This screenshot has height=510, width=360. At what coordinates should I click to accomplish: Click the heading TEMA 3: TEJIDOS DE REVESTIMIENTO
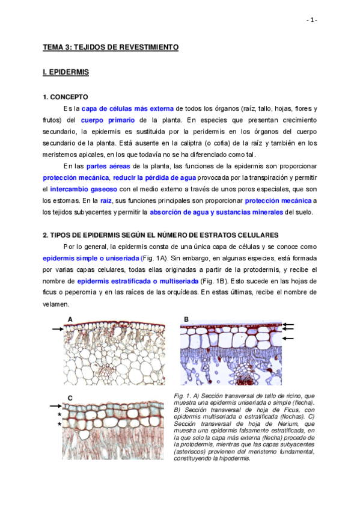pyautogui.click(x=111, y=46)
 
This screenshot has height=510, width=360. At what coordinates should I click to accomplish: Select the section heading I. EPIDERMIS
pyautogui.click(x=66, y=72)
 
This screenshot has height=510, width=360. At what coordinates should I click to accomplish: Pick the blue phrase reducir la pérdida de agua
pyautogui.click(x=154, y=177)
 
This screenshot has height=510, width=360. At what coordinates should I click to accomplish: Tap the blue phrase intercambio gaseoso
pyautogui.click(x=79, y=189)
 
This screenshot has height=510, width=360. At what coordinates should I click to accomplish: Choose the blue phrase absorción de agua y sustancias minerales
pyautogui.click(x=216, y=212)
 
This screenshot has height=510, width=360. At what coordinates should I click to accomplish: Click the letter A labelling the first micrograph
pyautogui.click(x=70, y=319)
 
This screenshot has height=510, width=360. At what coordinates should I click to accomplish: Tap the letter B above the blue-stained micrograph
pyautogui.click(x=186, y=319)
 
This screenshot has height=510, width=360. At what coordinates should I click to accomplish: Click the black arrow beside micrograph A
pyautogui.click(x=58, y=329)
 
